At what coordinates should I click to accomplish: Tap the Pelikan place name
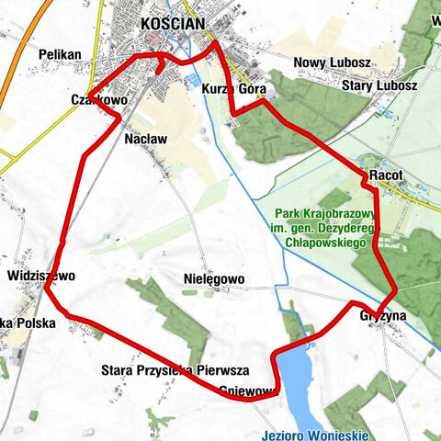[60, 55]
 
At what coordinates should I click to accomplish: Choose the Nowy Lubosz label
[332, 63]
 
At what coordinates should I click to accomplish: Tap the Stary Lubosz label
[379, 86]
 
